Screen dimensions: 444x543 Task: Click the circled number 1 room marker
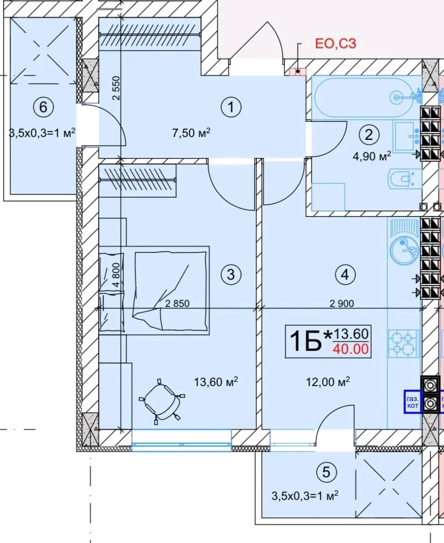[x=231, y=107]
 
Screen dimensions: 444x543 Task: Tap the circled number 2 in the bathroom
[x=369, y=134]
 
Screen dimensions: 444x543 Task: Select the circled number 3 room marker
[x=231, y=274]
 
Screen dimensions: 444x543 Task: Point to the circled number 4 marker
[x=345, y=274]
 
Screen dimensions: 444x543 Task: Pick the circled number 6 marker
[x=43, y=107]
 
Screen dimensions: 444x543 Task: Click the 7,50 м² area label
[x=191, y=133]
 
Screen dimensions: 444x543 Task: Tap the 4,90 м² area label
[x=371, y=156]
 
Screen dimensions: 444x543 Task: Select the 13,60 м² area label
[x=216, y=382]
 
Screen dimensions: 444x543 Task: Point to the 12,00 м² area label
[x=328, y=382]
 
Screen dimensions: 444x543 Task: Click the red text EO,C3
[x=335, y=43]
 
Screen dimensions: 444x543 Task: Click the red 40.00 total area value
[x=351, y=349]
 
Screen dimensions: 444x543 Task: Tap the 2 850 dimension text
[x=177, y=304]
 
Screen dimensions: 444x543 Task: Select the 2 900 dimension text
[x=341, y=304]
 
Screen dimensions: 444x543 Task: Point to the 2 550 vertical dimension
[x=116, y=88]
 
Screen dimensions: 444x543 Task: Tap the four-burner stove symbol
[x=404, y=344]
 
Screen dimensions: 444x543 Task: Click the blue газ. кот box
[x=413, y=403]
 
